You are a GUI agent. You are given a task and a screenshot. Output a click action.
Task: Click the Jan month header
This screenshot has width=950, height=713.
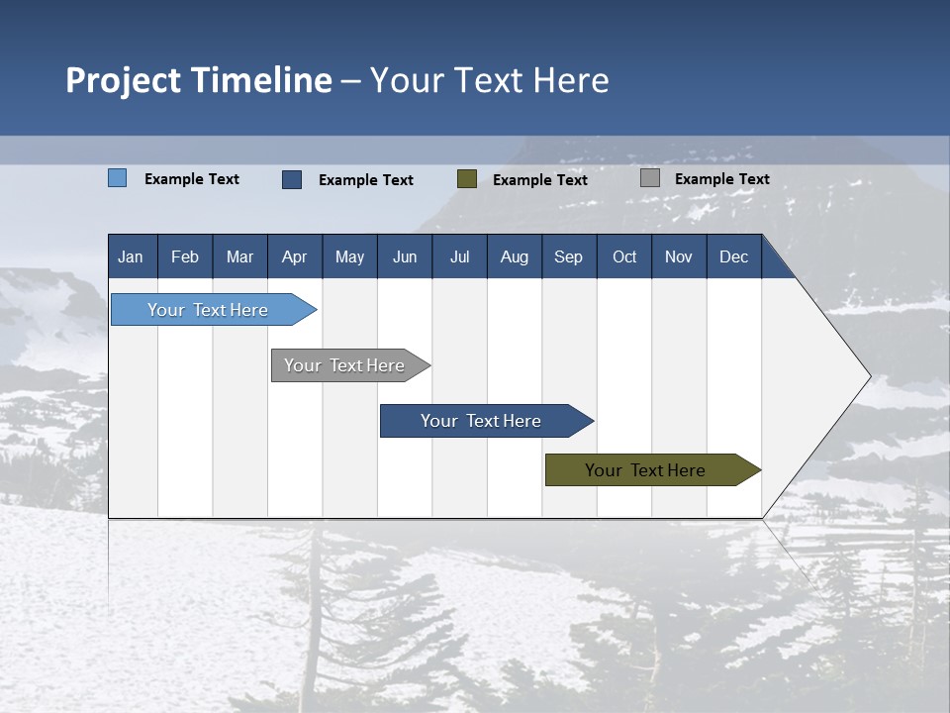coord(131,257)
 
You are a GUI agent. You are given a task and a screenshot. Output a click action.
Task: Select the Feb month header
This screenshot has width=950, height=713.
coord(185,257)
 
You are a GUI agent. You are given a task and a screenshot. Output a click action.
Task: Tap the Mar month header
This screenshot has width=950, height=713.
coord(239,257)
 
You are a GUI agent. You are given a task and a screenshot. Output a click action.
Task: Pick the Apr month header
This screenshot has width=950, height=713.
coord(295,257)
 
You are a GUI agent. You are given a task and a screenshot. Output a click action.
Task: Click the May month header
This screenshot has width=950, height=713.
coord(349,257)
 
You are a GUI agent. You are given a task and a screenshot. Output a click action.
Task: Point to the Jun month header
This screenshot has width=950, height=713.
coord(405,257)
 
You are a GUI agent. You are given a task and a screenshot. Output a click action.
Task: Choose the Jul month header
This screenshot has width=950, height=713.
coord(459,257)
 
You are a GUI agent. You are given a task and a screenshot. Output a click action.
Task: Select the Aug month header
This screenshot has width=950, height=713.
coord(515,257)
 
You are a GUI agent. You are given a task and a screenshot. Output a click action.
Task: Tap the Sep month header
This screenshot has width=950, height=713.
coord(569,257)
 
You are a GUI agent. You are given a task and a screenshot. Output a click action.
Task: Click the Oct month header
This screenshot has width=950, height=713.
coord(624,257)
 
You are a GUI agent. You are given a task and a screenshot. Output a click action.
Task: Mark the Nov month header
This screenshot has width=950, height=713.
coord(679,257)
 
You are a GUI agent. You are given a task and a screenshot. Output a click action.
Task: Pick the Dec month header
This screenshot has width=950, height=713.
coord(734,257)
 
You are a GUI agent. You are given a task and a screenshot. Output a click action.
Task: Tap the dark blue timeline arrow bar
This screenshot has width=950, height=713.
coord(482,421)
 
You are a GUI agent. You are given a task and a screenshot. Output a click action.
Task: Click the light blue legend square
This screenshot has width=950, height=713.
coord(118,178)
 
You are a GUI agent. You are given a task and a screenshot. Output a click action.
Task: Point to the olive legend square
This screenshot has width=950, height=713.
coord(467,178)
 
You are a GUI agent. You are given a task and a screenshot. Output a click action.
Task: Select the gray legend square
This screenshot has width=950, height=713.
coord(650,178)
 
